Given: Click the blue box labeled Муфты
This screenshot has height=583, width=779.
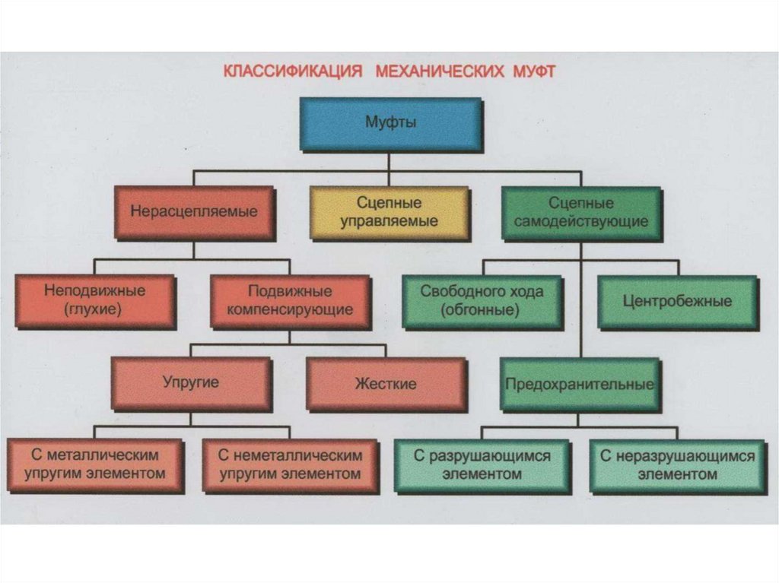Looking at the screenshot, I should pyautogui.click(x=390, y=122).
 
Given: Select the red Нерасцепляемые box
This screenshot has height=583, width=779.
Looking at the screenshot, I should pyautogui.click(x=193, y=212).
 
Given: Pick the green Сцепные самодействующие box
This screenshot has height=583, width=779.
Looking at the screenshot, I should pyautogui.click(x=581, y=212).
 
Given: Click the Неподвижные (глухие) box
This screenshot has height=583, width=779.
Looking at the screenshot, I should pyautogui.click(x=94, y=300).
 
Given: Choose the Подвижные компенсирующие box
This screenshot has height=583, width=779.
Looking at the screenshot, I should pyautogui.click(x=290, y=300).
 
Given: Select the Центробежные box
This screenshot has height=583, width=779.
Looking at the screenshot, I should pyautogui.click(x=677, y=300).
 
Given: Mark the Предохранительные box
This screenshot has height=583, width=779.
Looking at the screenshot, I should pyautogui.click(x=580, y=384).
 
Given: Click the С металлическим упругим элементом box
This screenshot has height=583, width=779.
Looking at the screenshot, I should pyautogui.click(x=94, y=464).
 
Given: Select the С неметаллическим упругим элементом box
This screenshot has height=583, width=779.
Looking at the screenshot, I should pyautogui.click(x=290, y=464).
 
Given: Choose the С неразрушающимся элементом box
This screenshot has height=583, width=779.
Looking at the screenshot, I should pyautogui.click(x=677, y=464).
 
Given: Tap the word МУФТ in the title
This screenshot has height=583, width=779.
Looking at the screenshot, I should pyautogui.click(x=533, y=72).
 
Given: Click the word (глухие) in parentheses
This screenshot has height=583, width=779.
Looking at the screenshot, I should pyautogui.click(x=94, y=309).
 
